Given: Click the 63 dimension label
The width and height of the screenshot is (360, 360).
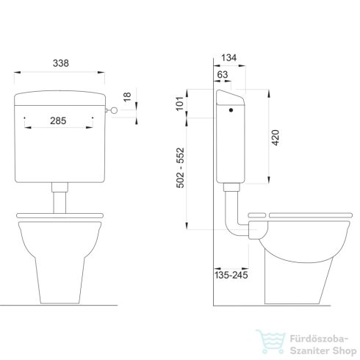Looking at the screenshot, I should tap(222, 75).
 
